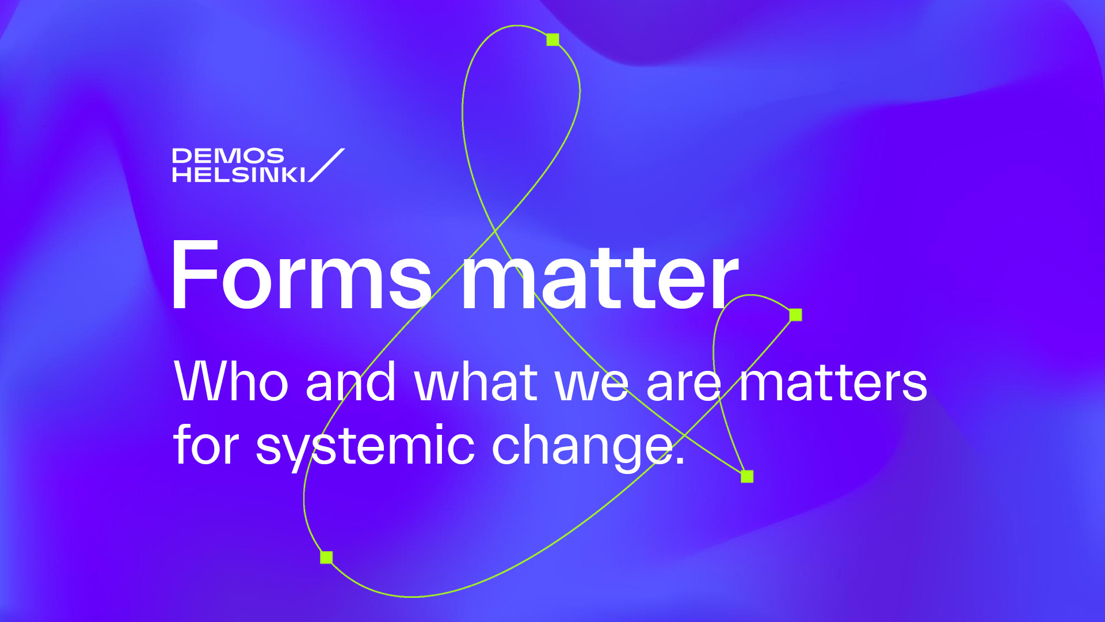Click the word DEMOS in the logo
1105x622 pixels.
228,156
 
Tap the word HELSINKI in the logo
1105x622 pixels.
239,175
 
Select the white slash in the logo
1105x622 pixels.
326,165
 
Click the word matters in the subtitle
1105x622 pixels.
833,382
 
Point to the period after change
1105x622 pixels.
680,460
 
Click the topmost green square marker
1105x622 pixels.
552,40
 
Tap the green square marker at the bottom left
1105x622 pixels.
326,557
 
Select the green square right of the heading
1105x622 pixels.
795,314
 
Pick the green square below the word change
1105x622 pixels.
747,476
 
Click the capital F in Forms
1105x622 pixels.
195,275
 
